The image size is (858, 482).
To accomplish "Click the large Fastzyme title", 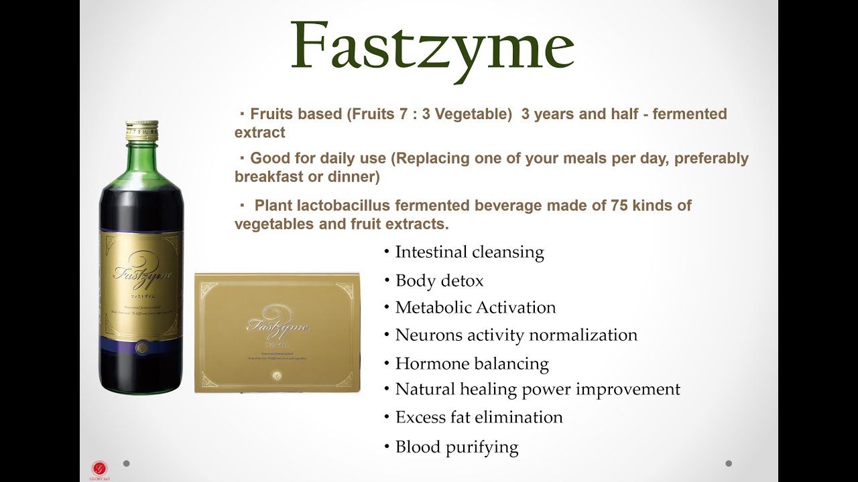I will [x=432, y=46].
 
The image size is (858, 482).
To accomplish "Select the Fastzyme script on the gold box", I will [x=278, y=327].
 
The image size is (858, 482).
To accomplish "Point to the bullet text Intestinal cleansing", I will [x=469, y=252].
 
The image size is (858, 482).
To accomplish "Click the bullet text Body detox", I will [x=439, y=280].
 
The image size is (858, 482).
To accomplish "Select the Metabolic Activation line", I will [x=475, y=308].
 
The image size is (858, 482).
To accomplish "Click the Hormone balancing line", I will [x=472, y=364].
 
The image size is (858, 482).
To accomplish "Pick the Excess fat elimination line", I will [x=479, y=418].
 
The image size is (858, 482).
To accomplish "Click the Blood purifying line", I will [x=456, y=447].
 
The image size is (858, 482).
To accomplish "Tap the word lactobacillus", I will [x=342, y=206].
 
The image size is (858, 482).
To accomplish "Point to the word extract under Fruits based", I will [x=259, y=133].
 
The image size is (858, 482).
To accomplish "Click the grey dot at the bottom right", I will [x=729, y=463].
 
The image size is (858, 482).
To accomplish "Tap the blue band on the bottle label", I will [x=141, y=344].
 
